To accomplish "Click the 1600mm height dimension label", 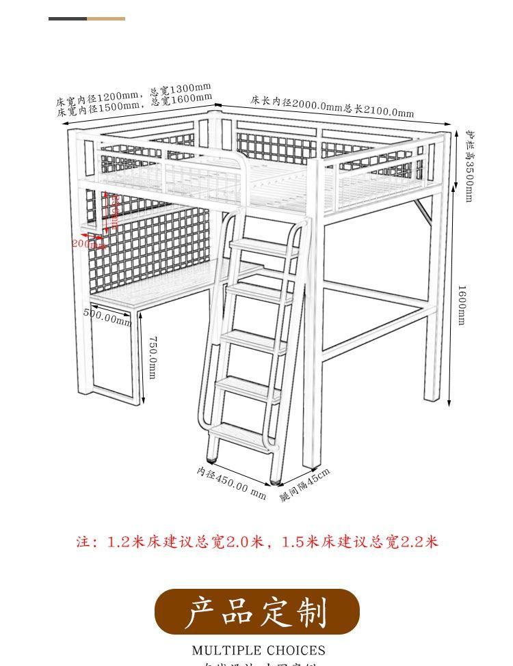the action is (x=462, y=305).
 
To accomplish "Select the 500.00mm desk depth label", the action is (x=107, y=317).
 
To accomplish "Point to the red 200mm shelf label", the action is (x=87, y=243).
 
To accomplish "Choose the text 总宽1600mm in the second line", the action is (x=181, y=100).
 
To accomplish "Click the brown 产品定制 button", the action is (x=256, y=612).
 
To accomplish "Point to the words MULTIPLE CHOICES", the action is (x=259, y=650).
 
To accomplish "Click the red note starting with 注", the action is (x=256, y=542).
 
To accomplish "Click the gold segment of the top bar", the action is (x=106, y=18).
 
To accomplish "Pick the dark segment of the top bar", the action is (x=67, y=18).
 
